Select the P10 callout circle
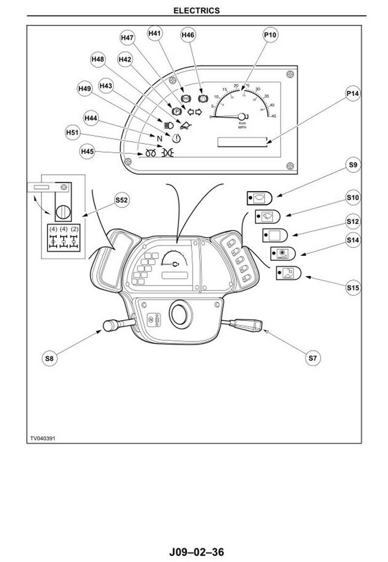(x=270, y=34)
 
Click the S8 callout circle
(x=48, y=358)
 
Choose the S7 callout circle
(x=313, y=358)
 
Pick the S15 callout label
(x=353, y=288)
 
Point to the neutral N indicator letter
(x=159, y=137)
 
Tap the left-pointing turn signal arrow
(x=190, y=112)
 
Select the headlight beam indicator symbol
(x=162, y=123)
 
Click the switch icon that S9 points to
(x=260, y=197)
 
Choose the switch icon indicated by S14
(x=282, y=253)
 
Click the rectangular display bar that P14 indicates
(x=242, y=142)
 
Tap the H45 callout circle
(x=87, y=152)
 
